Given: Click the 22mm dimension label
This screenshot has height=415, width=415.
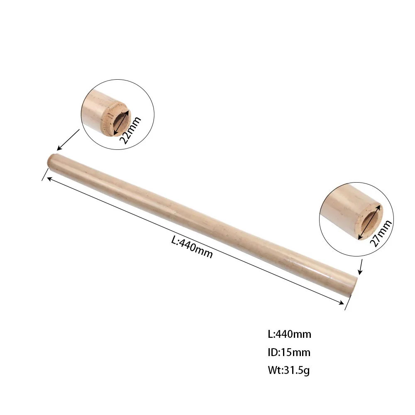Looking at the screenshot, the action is click(x=130, y=130).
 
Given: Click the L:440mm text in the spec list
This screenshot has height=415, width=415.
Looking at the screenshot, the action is click(x=289, y=334).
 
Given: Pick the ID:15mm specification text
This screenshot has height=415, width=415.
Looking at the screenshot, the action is click(x=289, y=352).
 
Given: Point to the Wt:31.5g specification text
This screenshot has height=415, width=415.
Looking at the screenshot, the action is click(x=288, y=370).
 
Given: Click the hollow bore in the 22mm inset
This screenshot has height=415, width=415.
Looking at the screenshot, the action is click(x=121, y=122).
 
